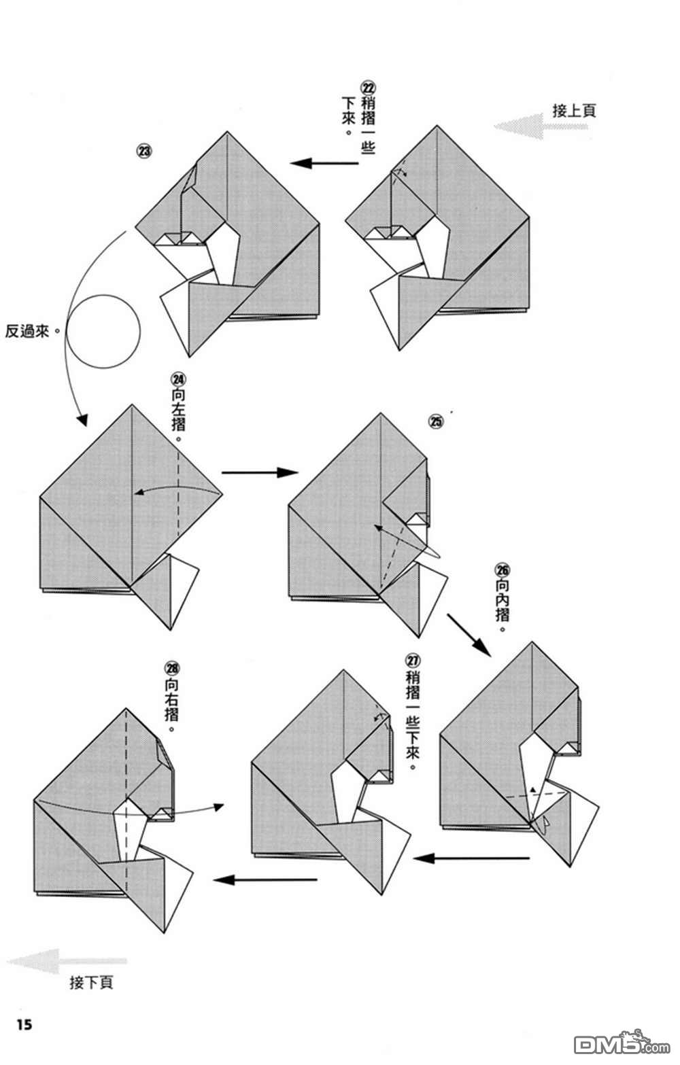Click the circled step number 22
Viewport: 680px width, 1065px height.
(368, 88)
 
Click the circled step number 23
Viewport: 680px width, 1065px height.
(144, 151)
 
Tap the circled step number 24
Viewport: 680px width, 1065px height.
(179, 379)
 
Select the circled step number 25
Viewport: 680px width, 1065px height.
(436, 421)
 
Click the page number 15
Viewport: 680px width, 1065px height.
(24, 1024)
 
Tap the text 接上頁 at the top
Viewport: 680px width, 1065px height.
(575, 111)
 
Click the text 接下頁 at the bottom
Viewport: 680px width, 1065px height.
(91, 983)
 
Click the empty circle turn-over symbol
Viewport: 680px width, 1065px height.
(103, 332)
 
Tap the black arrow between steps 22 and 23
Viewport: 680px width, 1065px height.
(325, 163)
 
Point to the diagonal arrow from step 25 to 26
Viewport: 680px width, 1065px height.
(469, 635)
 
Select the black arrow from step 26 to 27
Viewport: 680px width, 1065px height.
(471, 858)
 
